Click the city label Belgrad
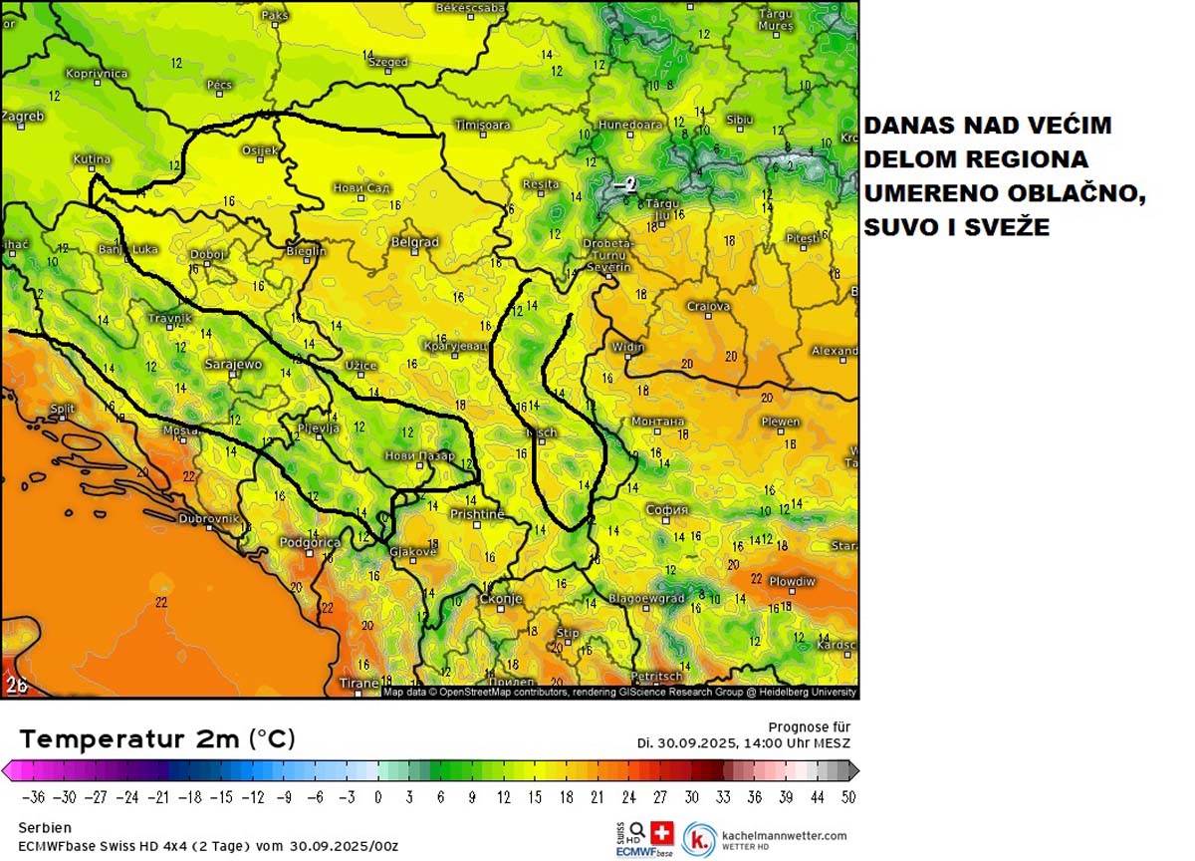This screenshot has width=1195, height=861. click(x=414, y=242)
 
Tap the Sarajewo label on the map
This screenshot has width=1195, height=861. click(x=232, y=365)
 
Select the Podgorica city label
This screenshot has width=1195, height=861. click(x=310, y=543)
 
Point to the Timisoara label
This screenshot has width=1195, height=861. click(x=482, y=126)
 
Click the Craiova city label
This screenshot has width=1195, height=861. click(x=708, y=307)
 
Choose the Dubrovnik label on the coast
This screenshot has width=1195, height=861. click(x=208, y=519)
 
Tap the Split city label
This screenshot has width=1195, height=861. click(x=62, y=409)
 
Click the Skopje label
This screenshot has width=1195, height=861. click(x=501, y=599)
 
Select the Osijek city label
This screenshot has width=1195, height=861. click(x=260, y=150)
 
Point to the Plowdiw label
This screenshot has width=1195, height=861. click(x=792, y=581)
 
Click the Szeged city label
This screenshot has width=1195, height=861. click(x=388, y=62)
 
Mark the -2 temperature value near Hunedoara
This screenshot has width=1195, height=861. click(x=624, y=184)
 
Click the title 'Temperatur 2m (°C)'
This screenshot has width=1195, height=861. click(x=157, y=739)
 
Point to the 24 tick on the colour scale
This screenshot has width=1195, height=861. click(x=629, y=797)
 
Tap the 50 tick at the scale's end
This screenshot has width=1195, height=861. click(x=846, y=797)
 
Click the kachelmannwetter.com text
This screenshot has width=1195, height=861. click(x=786, y=836)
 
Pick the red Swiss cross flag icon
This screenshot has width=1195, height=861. click(x=662, y=832)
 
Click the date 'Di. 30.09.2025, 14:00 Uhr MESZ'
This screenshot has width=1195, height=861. click(x=744, y=743)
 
